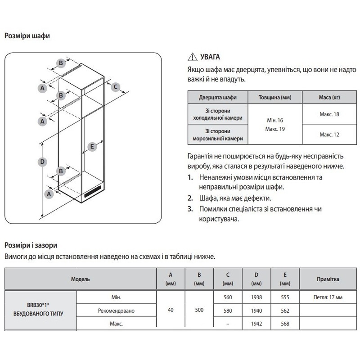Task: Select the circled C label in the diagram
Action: [115, 87]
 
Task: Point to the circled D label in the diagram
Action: [42, 162]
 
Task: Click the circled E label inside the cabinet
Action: [92, 147]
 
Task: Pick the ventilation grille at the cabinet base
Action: [94, 193]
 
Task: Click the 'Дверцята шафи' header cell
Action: [217, 98]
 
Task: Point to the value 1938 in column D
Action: [256, 297]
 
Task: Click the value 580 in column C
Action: [228, 310]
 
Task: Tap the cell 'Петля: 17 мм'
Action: [328, 297]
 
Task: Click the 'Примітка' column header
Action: [328, 279]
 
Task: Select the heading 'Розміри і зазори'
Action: [30, 246]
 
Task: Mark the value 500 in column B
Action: [199, 310]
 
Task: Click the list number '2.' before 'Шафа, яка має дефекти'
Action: [191, 198]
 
